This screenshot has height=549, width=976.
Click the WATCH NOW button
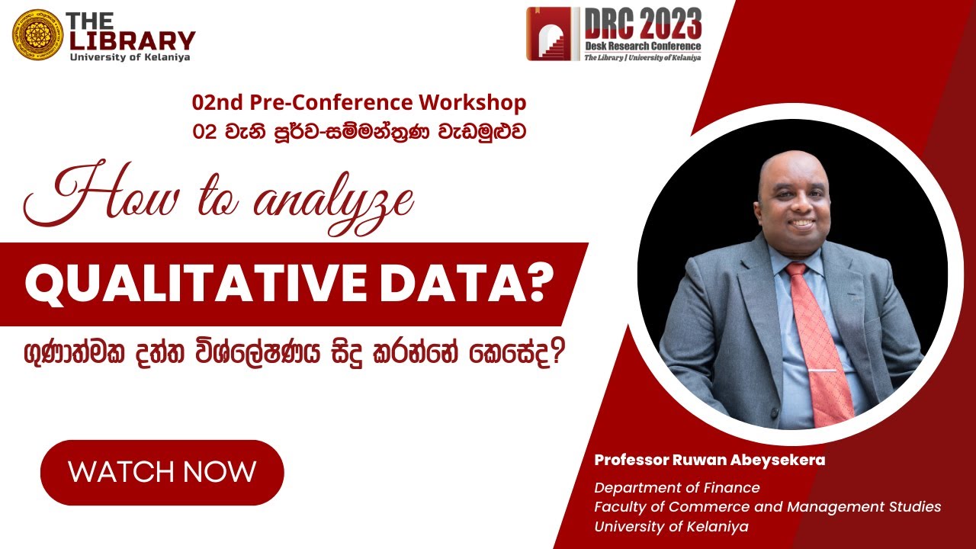[162, 472]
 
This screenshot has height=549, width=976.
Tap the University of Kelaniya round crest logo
[37, 35]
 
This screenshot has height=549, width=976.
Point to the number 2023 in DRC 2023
[667, 25]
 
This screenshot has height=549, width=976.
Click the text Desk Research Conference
[643, 47]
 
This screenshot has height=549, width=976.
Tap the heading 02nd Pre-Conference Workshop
[359, 103]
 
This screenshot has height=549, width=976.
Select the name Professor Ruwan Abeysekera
[709, 461]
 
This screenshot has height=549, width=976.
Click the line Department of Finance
[677, 488]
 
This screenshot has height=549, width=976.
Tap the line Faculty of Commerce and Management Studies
[767, 507]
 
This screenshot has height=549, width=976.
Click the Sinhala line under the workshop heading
[359, 130]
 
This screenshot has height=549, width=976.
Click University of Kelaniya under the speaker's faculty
[671, 527]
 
